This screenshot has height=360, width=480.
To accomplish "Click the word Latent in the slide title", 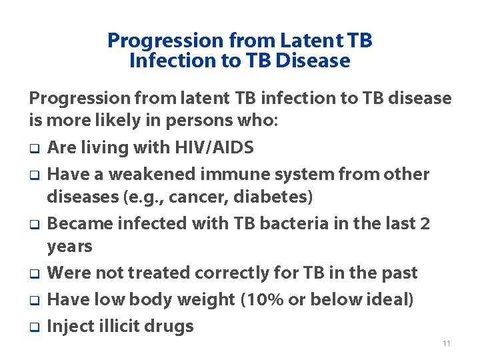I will pyautogui.click(x=307, y=41).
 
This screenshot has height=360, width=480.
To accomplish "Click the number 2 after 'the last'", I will pyautogui.click(x=425, y=223).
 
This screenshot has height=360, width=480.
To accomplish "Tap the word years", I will pyautogui.click(x=69, y=247).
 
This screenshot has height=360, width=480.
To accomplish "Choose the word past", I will pyautogui.click(x=398, y=273).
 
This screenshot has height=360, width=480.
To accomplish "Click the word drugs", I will pyautogui.click(x=170, y=326).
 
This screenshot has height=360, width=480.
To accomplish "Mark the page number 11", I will pyautogui.click(x=446, y=343).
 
